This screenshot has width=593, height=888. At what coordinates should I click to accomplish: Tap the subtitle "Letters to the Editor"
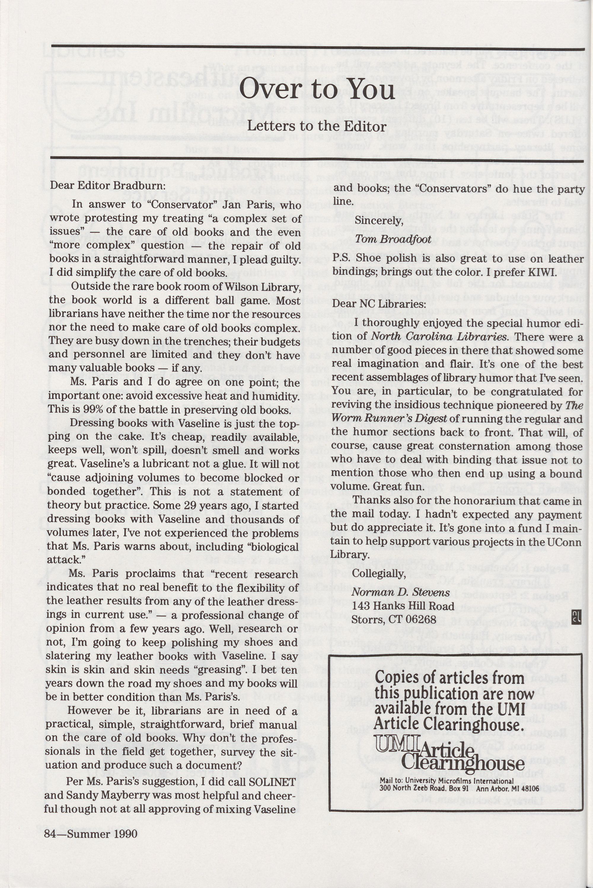point(317,126)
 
